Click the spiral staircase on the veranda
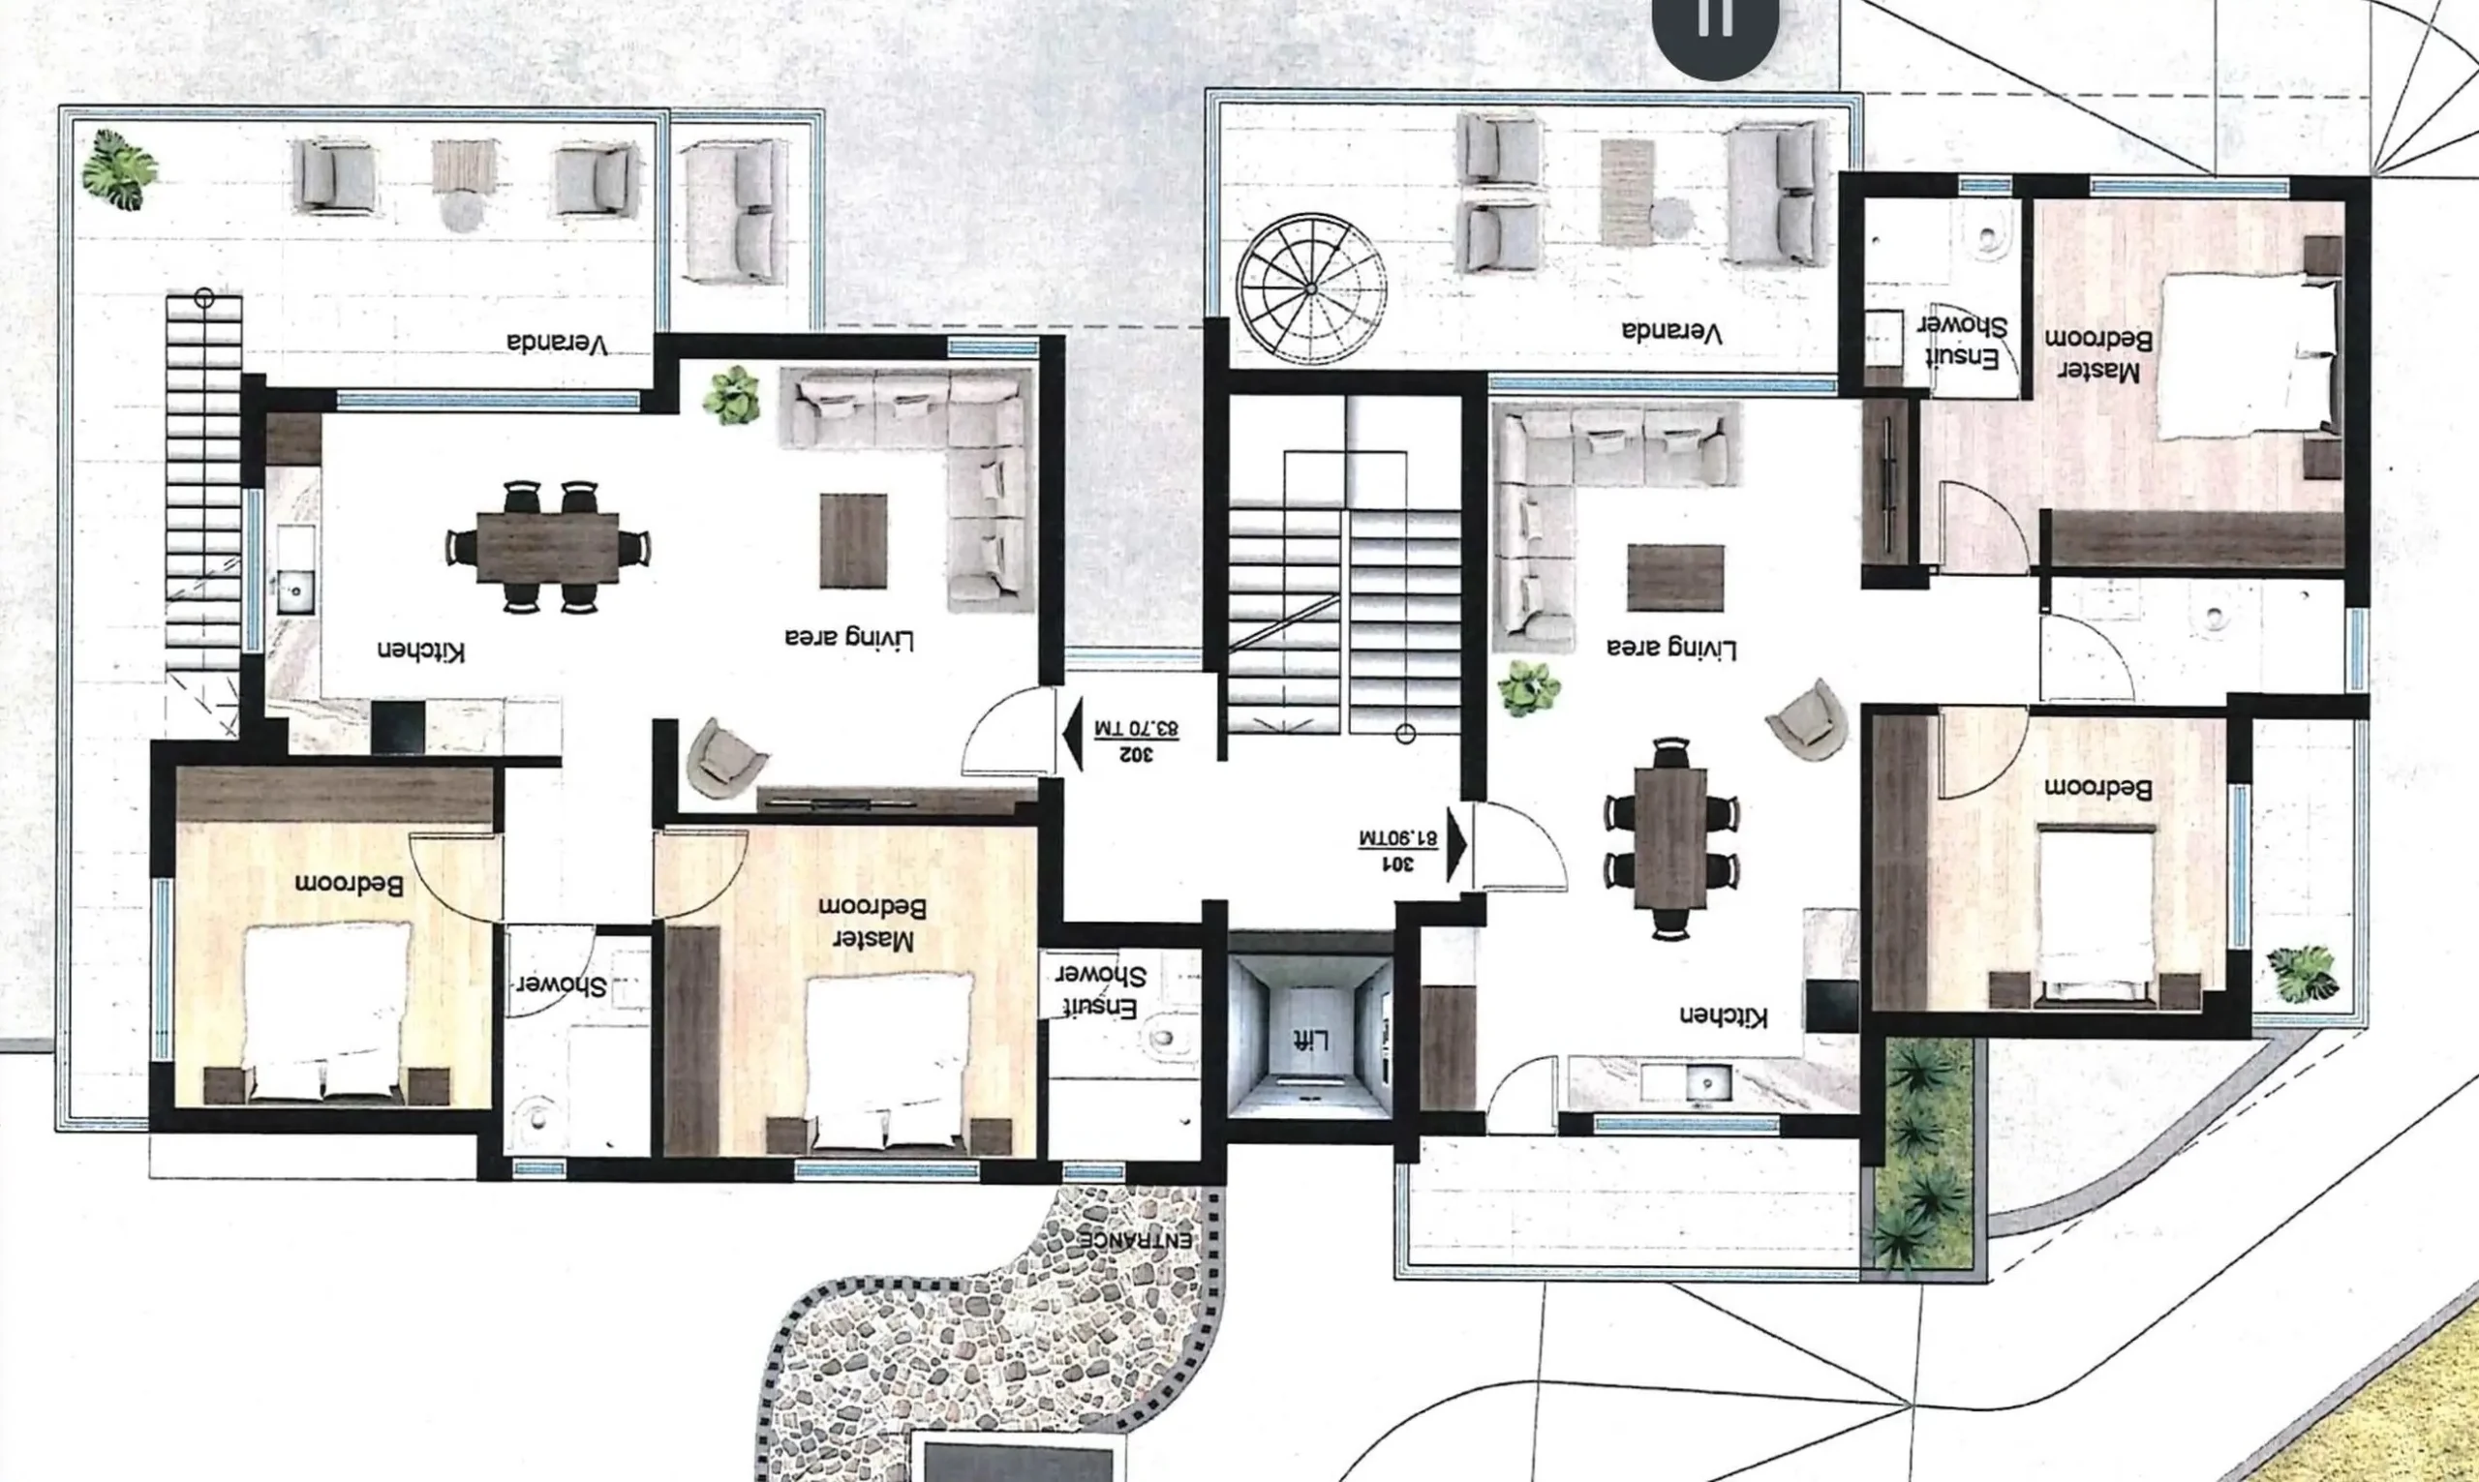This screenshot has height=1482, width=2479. (1310, 288)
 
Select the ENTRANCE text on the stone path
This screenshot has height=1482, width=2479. (1136, 1239)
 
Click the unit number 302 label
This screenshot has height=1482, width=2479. (1138, 753)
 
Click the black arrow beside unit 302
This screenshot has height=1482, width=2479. (1073, 735)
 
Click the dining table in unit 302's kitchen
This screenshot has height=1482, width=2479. (547, 546)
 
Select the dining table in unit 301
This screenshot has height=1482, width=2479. (1671, 837)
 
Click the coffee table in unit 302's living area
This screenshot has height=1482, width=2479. (853, 540)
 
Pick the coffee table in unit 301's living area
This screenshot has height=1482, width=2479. (1675, 577)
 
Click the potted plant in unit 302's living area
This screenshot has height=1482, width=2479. (731, 396)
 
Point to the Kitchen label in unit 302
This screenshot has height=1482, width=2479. (420, 650)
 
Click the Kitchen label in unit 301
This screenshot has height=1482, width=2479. (1723, 1015)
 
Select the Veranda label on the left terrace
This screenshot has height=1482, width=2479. (558, 345)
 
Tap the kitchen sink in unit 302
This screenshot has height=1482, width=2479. (294, 590)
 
